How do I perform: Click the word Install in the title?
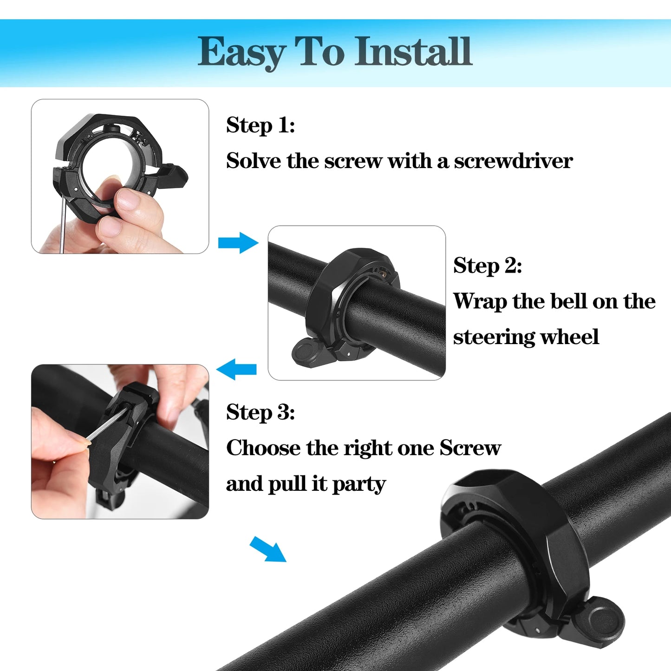pos(413,52)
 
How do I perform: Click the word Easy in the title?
pos(241,52)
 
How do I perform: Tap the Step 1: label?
pos(261,125)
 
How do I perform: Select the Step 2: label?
pos(488,266)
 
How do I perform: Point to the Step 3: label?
pos(261,412)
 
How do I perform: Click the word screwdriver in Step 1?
pos(513,161)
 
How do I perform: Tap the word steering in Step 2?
pos(494,337)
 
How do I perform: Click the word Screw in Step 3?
pos(470,448)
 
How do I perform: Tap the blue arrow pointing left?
pos(236,369)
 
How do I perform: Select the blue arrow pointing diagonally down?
pos(268,549)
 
